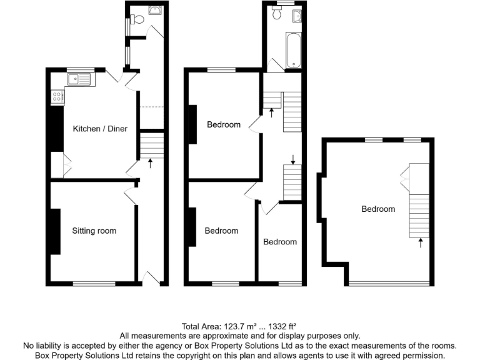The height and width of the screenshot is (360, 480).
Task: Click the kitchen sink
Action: point(79,79)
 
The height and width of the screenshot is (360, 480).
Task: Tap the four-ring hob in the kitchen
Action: point(57,97)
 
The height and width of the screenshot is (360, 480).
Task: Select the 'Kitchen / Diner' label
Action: point(100,129)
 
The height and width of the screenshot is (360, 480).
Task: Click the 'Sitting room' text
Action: point(94,231)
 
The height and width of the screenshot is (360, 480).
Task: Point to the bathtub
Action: point(294,51)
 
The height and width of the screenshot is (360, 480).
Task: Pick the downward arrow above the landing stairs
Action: point(292,158)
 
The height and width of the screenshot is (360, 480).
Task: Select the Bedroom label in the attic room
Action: point(378,209)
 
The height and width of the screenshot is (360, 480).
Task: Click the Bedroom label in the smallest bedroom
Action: point(279,242)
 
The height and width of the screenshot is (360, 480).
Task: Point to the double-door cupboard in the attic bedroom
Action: point(405,176)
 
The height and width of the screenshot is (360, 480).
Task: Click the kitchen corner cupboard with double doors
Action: point(66,166)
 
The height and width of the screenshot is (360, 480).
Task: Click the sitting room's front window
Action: point(94,283)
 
